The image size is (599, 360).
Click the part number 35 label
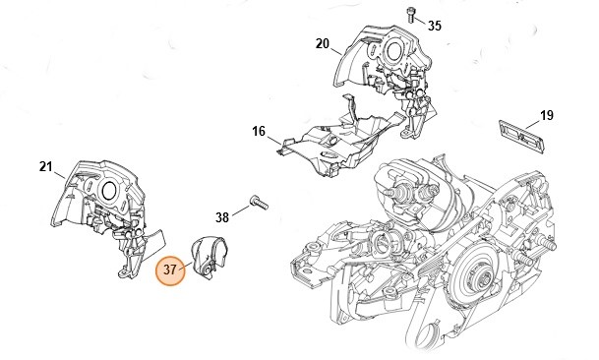[435, 26]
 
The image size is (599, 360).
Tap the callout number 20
[322, 44]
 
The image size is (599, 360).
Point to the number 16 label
[259, 131]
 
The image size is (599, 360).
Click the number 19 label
[547, 115]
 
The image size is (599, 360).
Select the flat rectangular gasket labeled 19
[521, 137]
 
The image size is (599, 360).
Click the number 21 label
[45, 166]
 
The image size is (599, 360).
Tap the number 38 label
[222, 217]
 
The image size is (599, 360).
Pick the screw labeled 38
[259, 202]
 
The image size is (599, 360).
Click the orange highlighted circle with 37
[170, 270]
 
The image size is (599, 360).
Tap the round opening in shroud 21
[108, 189]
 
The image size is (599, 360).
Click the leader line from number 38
[241, 211]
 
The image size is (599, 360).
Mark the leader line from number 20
[335, 51]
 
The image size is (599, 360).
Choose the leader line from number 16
[274, 141]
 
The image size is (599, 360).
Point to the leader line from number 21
[59, 175]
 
